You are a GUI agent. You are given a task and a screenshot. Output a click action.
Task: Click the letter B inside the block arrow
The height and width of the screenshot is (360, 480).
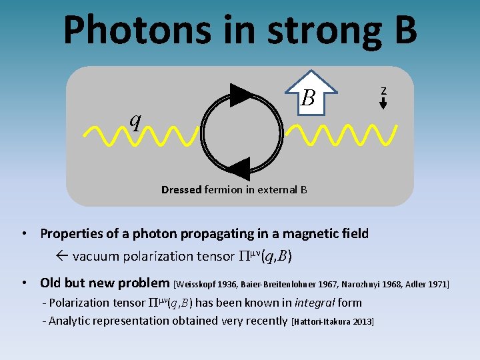pyautogui.click(x=307, y=99)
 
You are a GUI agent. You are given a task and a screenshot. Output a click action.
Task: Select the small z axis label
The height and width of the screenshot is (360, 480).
pyautogui.click(x=383, y=90)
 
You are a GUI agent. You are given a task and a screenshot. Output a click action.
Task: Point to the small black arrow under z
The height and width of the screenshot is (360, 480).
pyautogui.click(x=383, y=103)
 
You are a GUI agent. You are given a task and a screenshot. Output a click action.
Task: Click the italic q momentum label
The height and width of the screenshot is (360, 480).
pyautogui.click(x=135, y=120)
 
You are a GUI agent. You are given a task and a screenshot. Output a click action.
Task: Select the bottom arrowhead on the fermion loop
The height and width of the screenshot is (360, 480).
pyautogui.click(x=237, y=169)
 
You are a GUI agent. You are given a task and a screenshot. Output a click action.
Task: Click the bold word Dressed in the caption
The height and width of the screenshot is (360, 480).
pyautogui.click(x=181, y=190)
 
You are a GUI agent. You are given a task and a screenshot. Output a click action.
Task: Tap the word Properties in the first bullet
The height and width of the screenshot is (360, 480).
pyautogui.click(x=73, y=233)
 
